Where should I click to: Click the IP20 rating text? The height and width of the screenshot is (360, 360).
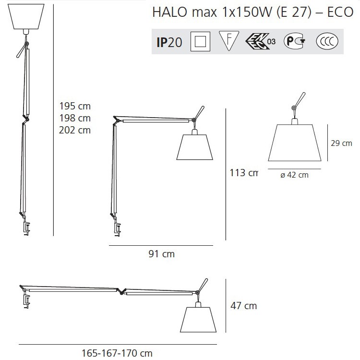(169, 42)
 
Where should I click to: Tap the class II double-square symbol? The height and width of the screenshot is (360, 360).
(200, 41)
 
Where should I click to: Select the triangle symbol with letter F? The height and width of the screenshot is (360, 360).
(228, 41)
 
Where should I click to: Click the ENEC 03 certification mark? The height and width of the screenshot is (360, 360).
(260, 41)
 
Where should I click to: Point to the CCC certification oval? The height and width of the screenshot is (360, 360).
(327, 41)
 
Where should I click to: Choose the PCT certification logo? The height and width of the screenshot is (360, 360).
(295, 41)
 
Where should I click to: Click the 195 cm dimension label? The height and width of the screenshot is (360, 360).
(75, 106)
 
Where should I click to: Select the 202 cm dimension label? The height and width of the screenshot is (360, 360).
(75, 130)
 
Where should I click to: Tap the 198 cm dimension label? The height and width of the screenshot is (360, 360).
(75, 118)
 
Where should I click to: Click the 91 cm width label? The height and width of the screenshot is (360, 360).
(162, 254)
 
